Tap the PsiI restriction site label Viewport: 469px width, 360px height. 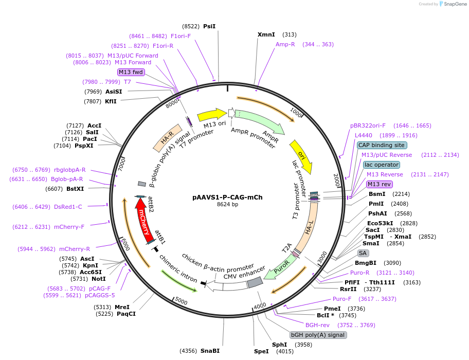pyautogui.click(x=209, y=26)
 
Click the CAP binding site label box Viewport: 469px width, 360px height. pyautogui.click(x=381, y=145)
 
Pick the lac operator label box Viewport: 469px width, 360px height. pyautogui.click(x=381, y=165)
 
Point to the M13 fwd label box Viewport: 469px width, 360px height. pyautogui.click(x=131, y=72)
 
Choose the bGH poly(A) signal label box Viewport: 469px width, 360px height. pyautogui.click(x=318, y=335)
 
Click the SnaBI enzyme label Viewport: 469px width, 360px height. pyautogui.click(x=210, y=351)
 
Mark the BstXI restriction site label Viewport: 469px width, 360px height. pyautogui.click(x=75, y=189)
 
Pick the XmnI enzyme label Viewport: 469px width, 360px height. pyautogui.click(x=266, y=34)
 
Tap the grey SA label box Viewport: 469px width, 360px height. pyautogui.click(x=363, y=253)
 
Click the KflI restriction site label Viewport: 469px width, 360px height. pyautogui.click(x=111, y=101)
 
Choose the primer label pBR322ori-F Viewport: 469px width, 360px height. pyautogui.click(x=368, y=125)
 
